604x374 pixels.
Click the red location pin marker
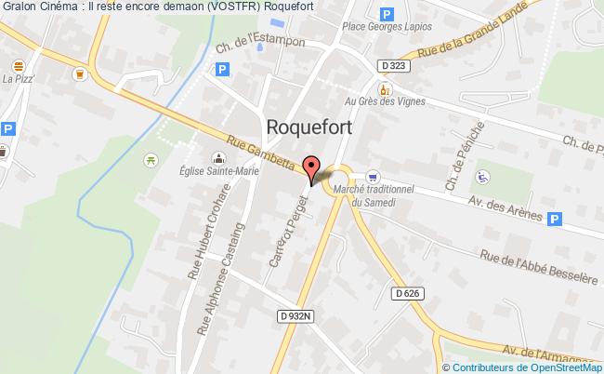pyautogui.click(x=312, y=169)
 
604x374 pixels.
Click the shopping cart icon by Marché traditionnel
pyautogui.click(x=374, y=176)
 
